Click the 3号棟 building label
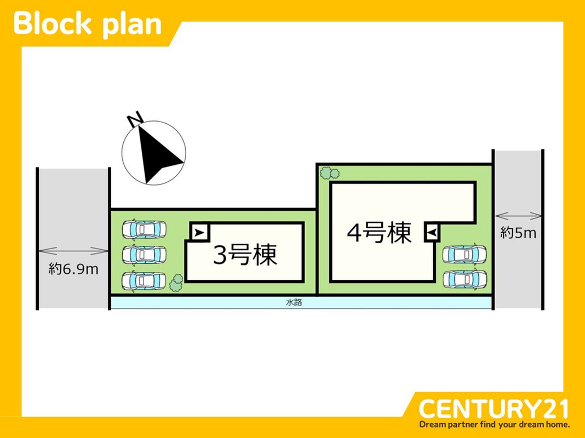[245, 256]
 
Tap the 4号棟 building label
[379, 233]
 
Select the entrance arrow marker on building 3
[199, 233]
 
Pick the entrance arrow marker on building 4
[432, 234]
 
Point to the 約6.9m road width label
[73, 269]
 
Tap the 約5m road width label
[518, 233]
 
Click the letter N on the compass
[134, 119]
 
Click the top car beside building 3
[144, 229]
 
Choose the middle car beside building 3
[144, 255]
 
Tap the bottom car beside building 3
[144, 280]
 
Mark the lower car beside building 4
[464, 279]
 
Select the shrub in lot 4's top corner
[329, 174]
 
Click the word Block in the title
[53, 24]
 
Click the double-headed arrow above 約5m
[518, 216]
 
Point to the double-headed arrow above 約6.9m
[73, 251]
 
